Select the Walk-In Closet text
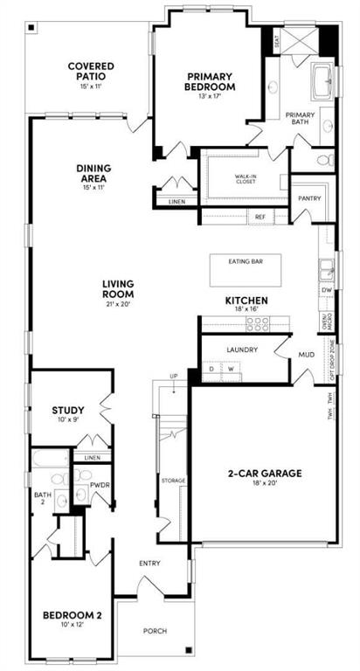[x=245, y=180]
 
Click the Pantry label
[x=309, y=198]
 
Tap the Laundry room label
[x=241, y=349]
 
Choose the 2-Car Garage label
[x=265, y=473]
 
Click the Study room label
[x=67, y=410]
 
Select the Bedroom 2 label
[x=73, y=615]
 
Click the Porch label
[x=156, y=631]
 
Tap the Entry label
[x=149, y=563]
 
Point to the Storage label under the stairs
[x=173, y=481]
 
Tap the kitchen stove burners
[x=258, y=323]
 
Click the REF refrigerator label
[x=260, y=216]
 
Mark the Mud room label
[x=307, y=356]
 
